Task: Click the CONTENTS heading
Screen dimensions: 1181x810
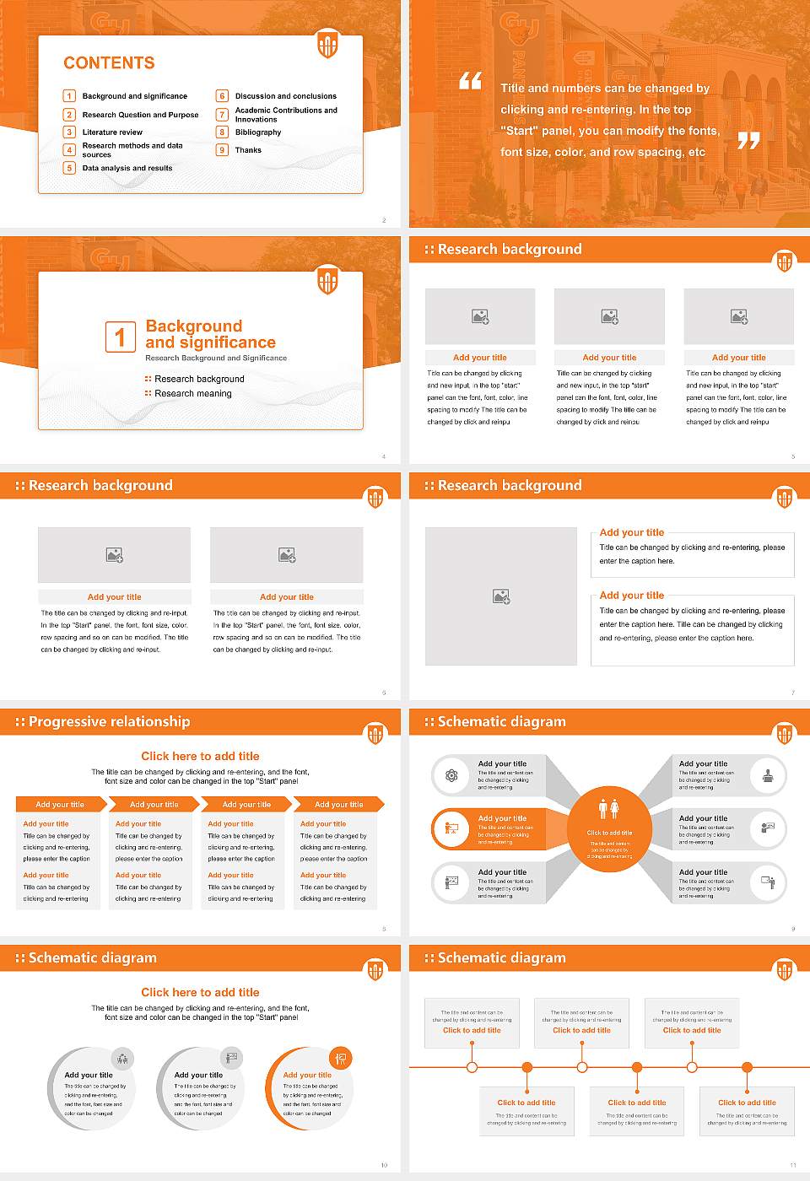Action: pyautogui.click(x=109, y=63)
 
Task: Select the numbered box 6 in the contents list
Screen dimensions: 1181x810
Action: pyautogui.click(x=223, y=96)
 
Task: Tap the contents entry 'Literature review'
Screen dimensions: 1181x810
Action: pyautogui.click(x=112, y=132)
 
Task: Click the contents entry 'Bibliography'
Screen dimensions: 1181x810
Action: pyautogui.click(x=258, y=132)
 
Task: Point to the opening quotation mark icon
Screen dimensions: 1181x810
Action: pyautogui.click(x=470, y=81)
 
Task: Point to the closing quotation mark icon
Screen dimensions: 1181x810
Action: pyautogui.click(x=748, y=141)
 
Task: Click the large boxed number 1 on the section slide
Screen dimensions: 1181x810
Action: pyautogui.click(x=120, y=337)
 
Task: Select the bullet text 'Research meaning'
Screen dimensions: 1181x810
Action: pyautogui.click(x=192, y=394)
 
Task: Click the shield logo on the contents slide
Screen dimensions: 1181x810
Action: pyautogui.click(x=327, y=44)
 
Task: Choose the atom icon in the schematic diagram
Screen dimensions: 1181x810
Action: pyautogui.click(x=451, y=775)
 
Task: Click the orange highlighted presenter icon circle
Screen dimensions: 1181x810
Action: pyautogui.click(x=451, y=828)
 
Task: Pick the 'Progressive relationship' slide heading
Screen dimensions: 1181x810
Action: pyautogui.click(x=109, y=721)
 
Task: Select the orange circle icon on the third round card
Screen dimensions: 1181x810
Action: pyautogui.click(x=341, y=1058)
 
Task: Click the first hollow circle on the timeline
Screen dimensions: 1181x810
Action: pyautogui.click(x=472, y=1067)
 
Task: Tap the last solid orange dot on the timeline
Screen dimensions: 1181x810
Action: pyautogui.click(x=747, y=1067)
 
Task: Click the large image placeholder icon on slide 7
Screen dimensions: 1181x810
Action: pyautogui.click(x=501, y=596)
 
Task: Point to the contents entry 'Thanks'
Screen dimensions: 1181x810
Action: pyautogui.click(x=248, y=150)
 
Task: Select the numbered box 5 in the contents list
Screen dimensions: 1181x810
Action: pyautogui.click(x=70, y=168)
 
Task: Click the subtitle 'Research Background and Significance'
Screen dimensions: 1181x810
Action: pyautogui.click(x=216, y=358)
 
